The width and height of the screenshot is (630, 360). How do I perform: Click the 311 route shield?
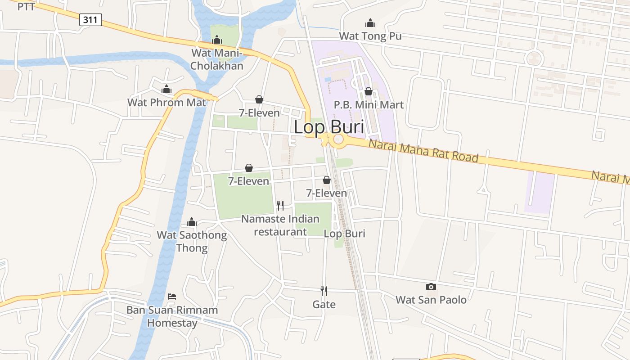pos(91,20)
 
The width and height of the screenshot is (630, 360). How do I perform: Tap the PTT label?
pos(26,6)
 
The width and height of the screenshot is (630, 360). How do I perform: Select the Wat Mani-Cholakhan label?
pos(216,59)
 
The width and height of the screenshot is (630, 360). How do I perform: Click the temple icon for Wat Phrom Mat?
pos(166,90)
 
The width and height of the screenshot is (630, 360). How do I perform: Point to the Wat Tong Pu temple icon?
pos(370,23)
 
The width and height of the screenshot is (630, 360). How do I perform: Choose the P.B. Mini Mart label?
pos(369,105)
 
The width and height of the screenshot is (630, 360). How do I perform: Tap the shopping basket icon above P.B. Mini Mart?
pos(369,91)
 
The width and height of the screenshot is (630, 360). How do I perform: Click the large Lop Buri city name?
pos(328,127)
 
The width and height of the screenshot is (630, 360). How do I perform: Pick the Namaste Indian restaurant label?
pos(280,225)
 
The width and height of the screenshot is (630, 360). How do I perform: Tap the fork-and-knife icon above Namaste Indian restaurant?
pos(280,206)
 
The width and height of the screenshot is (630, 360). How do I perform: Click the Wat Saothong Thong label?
pos(192,241)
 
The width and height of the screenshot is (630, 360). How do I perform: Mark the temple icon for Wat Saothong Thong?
pos(192,222)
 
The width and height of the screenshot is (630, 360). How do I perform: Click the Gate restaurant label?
pos(324,305)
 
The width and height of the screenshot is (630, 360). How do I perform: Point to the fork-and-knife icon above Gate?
pos(324,291)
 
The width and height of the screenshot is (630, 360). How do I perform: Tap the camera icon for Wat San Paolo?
pos(431,287)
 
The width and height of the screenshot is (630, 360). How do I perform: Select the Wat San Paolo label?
pos(431,300)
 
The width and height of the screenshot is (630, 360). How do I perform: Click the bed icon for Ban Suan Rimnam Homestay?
pos(172,297)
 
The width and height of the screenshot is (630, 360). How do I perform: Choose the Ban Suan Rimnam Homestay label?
pos(172,316)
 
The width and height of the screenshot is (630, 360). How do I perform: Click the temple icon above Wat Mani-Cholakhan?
pos(217,40)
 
